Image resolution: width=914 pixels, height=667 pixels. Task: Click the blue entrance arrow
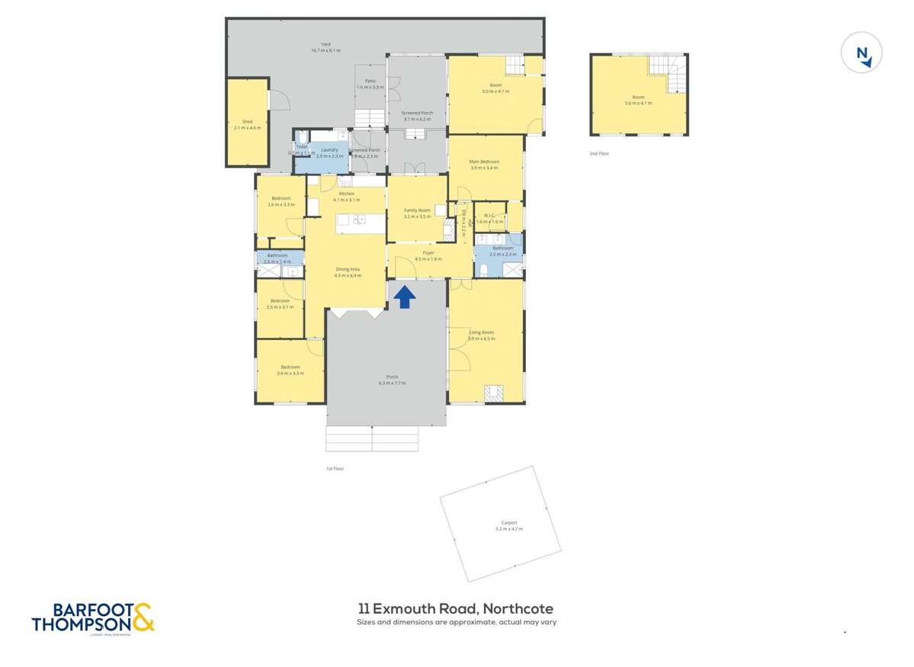(x=404, y=297)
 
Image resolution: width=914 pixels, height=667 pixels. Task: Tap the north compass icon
(x=861, y=54)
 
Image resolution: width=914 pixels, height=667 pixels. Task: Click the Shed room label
(x=247, y=121)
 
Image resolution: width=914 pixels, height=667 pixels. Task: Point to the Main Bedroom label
(x=484, y=162)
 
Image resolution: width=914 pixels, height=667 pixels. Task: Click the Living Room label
(x=481, y=332)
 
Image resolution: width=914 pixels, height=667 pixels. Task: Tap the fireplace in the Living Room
(x=493, y=393)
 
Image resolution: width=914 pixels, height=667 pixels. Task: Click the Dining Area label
(x=347, y=269)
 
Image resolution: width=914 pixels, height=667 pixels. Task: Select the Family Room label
(x=417, y=210)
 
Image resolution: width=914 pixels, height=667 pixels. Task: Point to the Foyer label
(x=428, y=252)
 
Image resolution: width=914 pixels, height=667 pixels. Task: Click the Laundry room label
(x=329, y=150)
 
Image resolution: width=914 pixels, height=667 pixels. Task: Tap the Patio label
(x=370, y=81)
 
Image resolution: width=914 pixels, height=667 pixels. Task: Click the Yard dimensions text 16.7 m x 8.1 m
(x=326, y=50)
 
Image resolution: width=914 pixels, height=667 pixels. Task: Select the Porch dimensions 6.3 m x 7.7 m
(x=392, y=383)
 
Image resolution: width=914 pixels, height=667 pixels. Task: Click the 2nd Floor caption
(x=600, y=154)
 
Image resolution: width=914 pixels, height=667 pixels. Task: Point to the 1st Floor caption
(x=335, y=468)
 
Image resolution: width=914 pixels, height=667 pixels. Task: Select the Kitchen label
(x=347, y=194)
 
